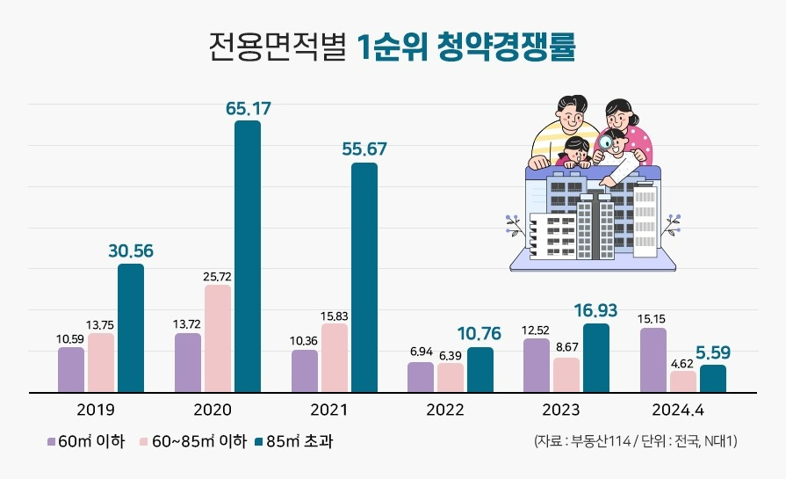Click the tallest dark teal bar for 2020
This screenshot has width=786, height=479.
247,256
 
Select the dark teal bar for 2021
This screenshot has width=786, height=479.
364,277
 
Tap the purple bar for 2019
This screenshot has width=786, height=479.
71,369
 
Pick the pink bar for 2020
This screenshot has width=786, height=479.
218,338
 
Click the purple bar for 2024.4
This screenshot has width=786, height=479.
653,359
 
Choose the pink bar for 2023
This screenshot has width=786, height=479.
566,374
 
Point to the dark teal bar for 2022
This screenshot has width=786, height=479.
480,369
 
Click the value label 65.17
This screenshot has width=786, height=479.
248,109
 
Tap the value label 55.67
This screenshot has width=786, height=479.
364,149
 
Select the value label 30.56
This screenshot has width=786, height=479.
131,250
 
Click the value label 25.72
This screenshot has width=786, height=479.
218,277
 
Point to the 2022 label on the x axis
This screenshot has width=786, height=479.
444,410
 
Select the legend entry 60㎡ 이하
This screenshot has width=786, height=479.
86,439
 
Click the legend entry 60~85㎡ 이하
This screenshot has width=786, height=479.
193,439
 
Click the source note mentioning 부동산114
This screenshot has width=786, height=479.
635,439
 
